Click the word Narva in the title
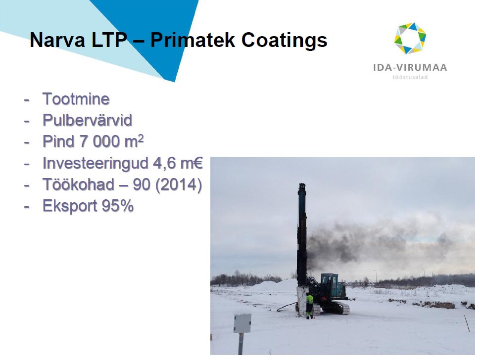57,41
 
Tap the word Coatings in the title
285,41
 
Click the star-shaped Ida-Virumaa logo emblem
410,38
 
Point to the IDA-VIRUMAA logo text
410,67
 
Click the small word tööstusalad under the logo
410,77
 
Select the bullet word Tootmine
76,99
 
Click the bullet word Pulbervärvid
88,120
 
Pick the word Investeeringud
96,164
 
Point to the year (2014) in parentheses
179,185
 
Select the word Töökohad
79,184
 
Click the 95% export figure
118,206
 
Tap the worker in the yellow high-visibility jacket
310,306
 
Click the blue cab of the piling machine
333,285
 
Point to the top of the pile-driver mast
302,184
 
